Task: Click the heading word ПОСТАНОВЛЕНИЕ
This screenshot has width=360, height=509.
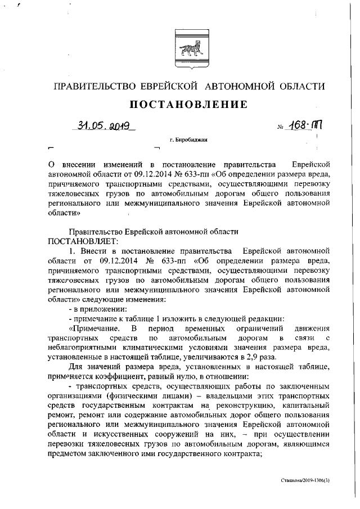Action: pos(189,105)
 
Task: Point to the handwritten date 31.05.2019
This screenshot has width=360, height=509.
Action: pos(105,127)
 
